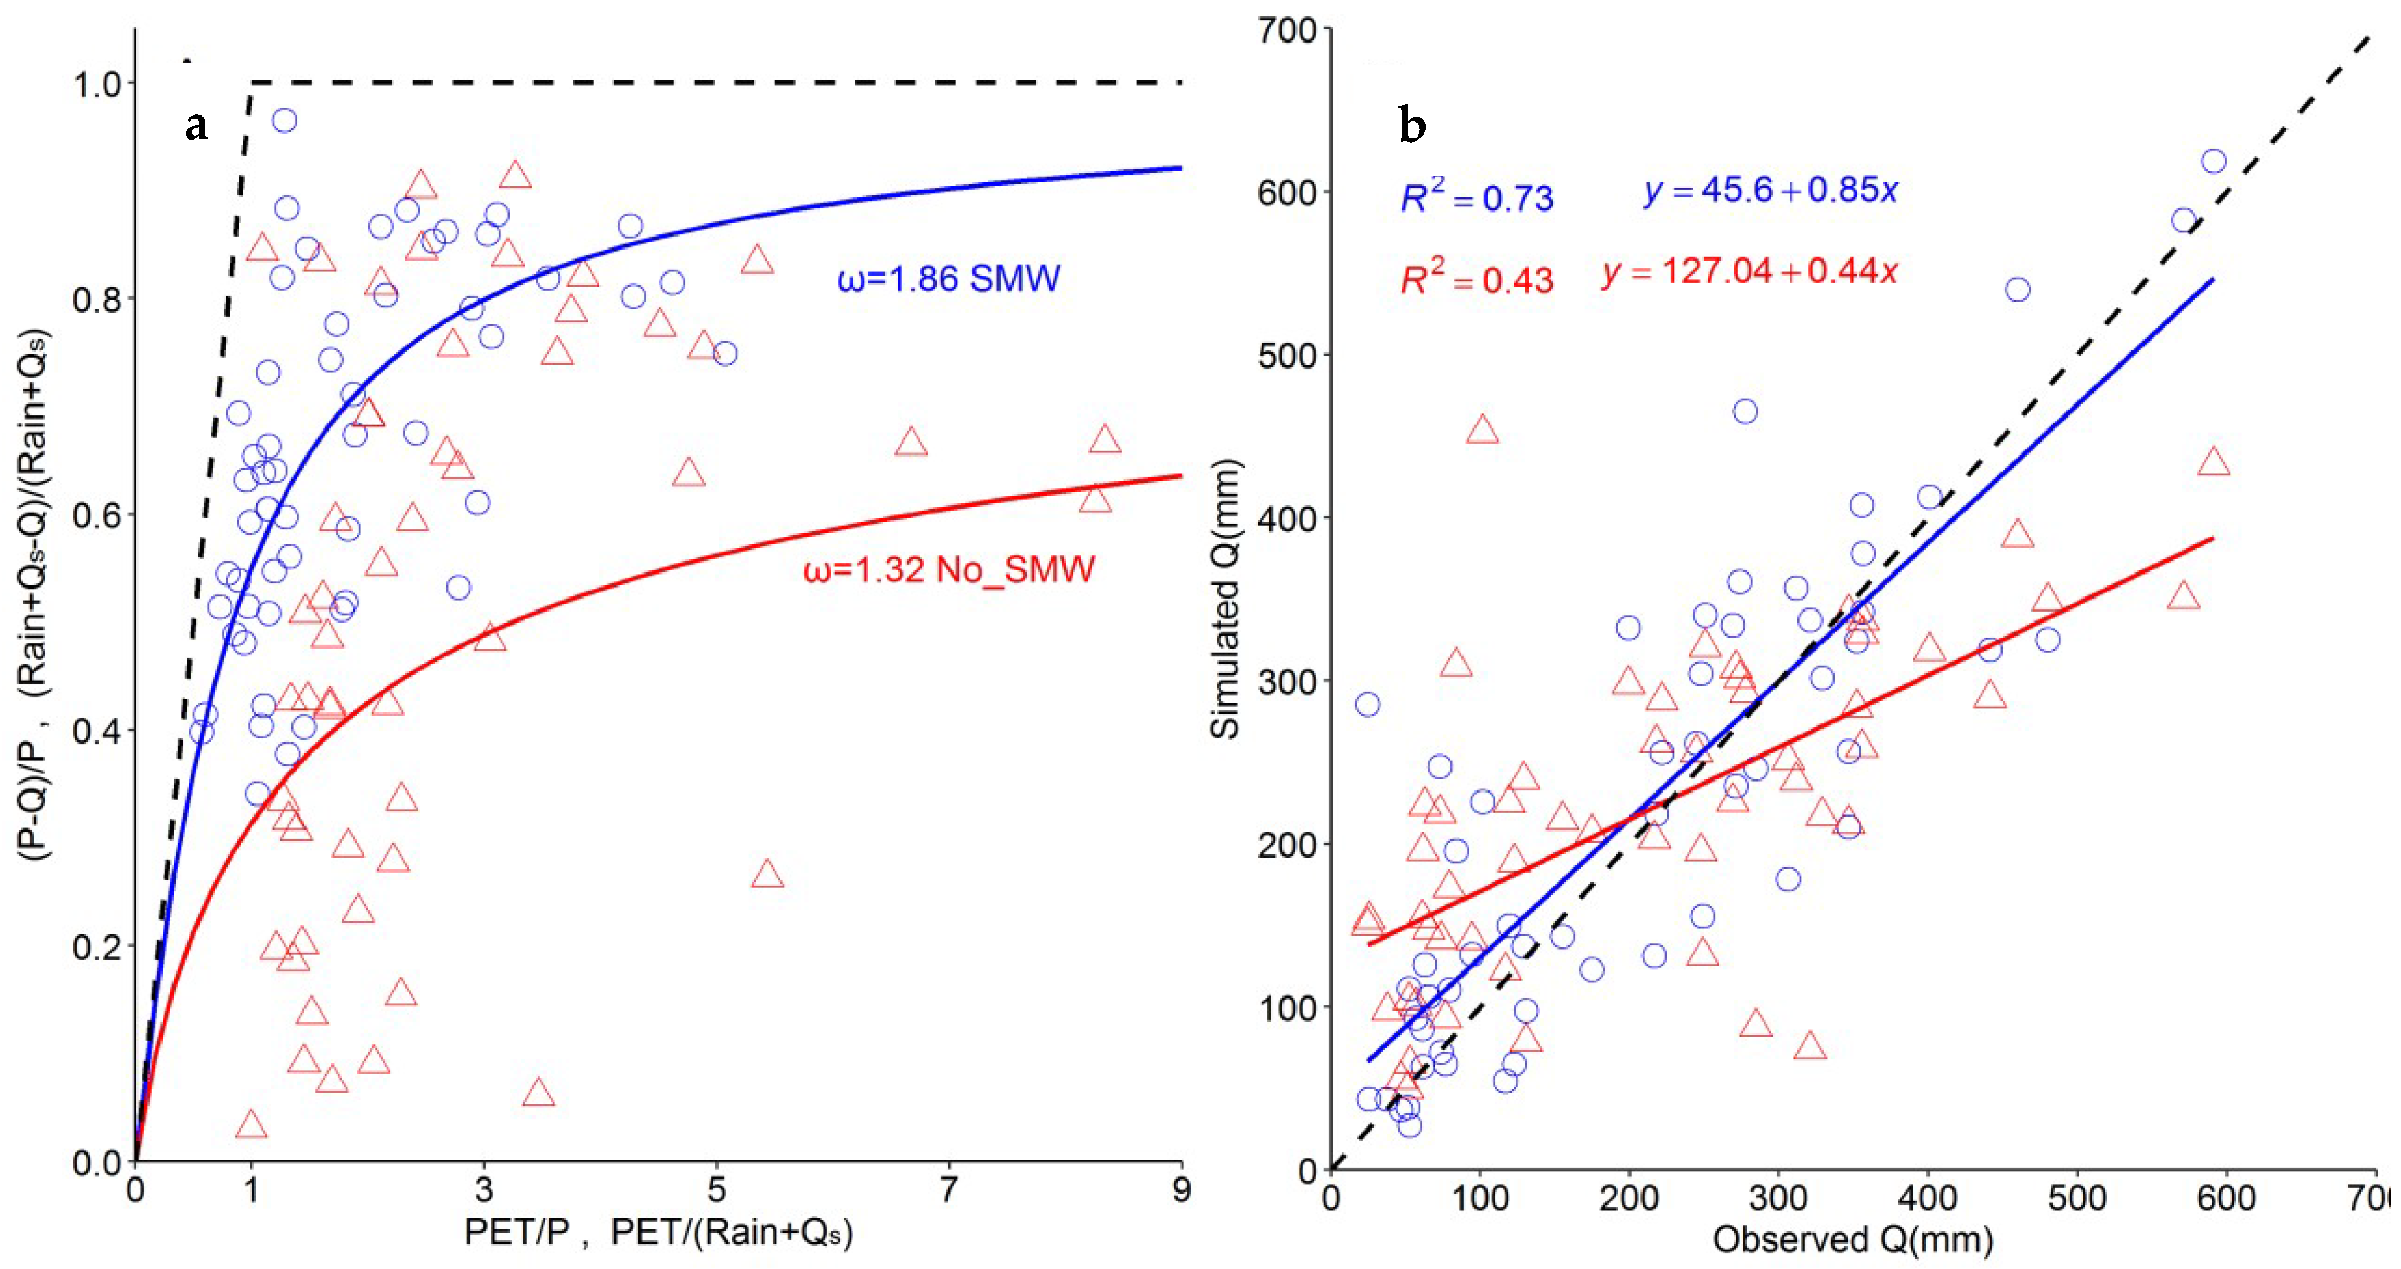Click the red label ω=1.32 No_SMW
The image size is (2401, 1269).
click(949, 569)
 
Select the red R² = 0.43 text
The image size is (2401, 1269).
click(1477, 278)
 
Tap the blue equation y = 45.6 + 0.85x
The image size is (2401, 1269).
click(1771, 191)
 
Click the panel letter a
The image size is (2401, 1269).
click(195, 125)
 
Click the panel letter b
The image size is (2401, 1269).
click(1412, 125)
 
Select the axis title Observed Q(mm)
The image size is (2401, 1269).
click(1853, 1240)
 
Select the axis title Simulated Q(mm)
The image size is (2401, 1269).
click(1225, 600)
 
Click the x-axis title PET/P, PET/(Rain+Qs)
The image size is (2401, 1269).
click(658, 1232)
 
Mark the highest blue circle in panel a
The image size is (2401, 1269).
click(285, 120)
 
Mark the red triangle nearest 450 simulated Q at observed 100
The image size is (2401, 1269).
click(1482, 430)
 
